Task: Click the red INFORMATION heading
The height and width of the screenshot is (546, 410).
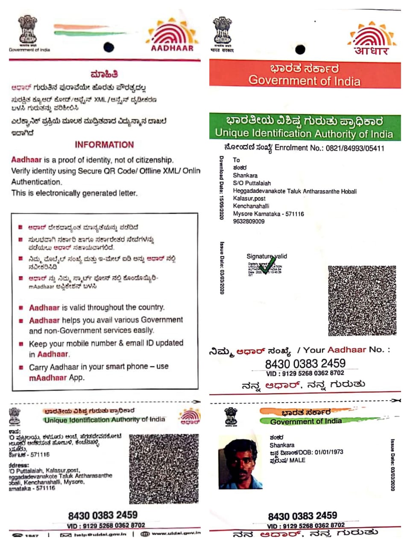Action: (x=104, y=145)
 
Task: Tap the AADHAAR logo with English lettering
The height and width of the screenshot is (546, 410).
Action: (x=172, y=35)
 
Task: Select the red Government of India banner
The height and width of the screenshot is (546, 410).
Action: (x=305, y=75)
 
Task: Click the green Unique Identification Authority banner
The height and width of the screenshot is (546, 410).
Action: (x=305, y=127)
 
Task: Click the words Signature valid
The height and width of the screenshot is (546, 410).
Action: (x=266, y=256)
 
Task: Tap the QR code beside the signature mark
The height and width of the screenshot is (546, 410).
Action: (x=362, y=301)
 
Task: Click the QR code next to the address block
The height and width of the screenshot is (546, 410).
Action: (x=164, y=468)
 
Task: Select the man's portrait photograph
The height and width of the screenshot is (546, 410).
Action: (x=240, y=462)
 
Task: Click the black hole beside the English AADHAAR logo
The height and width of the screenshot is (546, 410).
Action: (x=108, y=46)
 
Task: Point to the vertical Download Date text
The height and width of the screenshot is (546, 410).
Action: (x=221, y=188)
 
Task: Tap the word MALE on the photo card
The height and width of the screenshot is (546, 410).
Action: (x=297, y=460)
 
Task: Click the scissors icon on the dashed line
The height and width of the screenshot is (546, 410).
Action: (x=397, y=400)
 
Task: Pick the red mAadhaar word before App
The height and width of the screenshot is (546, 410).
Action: (x=48, y=378)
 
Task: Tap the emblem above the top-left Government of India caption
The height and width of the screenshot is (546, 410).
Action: (x=28, y=30)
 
